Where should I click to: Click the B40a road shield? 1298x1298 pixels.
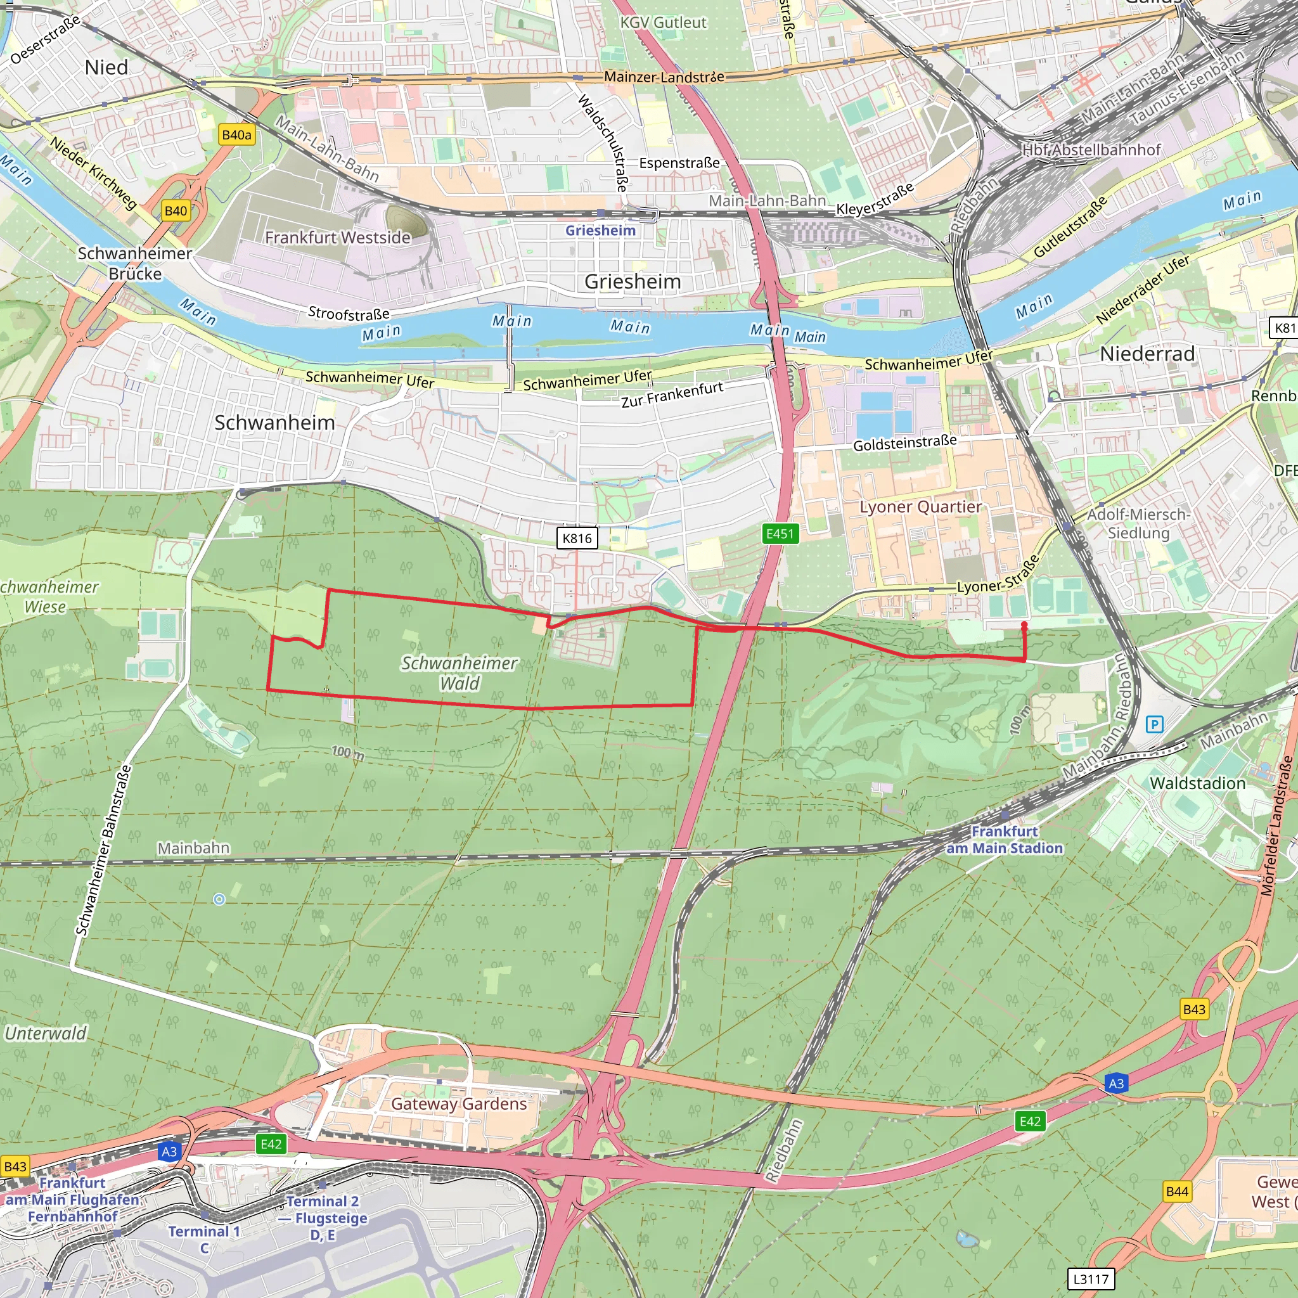236,135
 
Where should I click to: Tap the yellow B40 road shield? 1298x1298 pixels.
176,211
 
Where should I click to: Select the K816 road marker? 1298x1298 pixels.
577,538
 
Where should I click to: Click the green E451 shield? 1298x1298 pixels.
780,534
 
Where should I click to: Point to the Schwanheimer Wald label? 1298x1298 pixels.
459,673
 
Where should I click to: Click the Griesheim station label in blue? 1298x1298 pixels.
600,231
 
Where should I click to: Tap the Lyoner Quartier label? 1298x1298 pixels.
920,506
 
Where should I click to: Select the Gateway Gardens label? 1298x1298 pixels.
459,1103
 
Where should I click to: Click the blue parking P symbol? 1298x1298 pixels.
1154,724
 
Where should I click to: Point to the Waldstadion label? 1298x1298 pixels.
1197,783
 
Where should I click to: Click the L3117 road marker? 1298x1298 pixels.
1090,1278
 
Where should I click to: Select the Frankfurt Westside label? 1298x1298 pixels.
337,238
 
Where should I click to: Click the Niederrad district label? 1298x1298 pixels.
1147,354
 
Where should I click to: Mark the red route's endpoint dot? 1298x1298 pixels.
1024,625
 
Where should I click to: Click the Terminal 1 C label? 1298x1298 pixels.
203,1240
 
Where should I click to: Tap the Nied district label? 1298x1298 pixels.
106,68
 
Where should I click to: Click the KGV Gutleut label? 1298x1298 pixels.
663,23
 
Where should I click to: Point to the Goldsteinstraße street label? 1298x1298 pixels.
904,444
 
